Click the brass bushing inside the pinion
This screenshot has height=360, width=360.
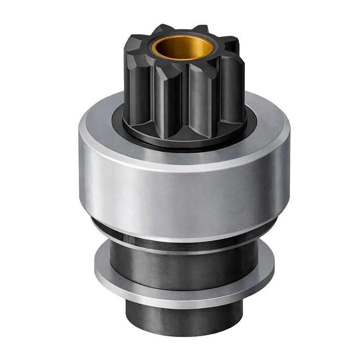176,49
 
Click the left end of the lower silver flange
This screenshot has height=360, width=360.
97,270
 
